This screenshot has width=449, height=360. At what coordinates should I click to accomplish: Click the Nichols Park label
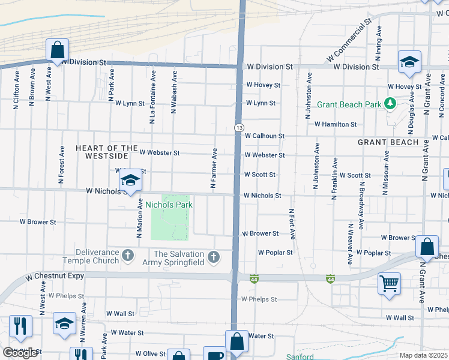point(167,205)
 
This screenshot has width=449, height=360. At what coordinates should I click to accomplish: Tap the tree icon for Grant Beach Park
point(390,104)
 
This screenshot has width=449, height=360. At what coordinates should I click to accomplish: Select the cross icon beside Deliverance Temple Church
point(127,256)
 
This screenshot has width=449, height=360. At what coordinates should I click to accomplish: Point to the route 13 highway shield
point(239,128)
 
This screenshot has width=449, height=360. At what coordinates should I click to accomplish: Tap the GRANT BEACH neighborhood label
point(388,142)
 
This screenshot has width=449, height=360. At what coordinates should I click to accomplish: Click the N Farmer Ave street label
point(213,169)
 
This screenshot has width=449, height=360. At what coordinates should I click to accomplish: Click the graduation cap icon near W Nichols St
point(130,179)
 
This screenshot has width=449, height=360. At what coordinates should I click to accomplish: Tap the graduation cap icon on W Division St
point(409,62)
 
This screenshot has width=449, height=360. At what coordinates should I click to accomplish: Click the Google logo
point(20,353)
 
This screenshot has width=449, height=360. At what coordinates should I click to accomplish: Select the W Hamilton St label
point(336,124)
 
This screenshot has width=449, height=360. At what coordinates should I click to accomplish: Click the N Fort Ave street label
point(292,223)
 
